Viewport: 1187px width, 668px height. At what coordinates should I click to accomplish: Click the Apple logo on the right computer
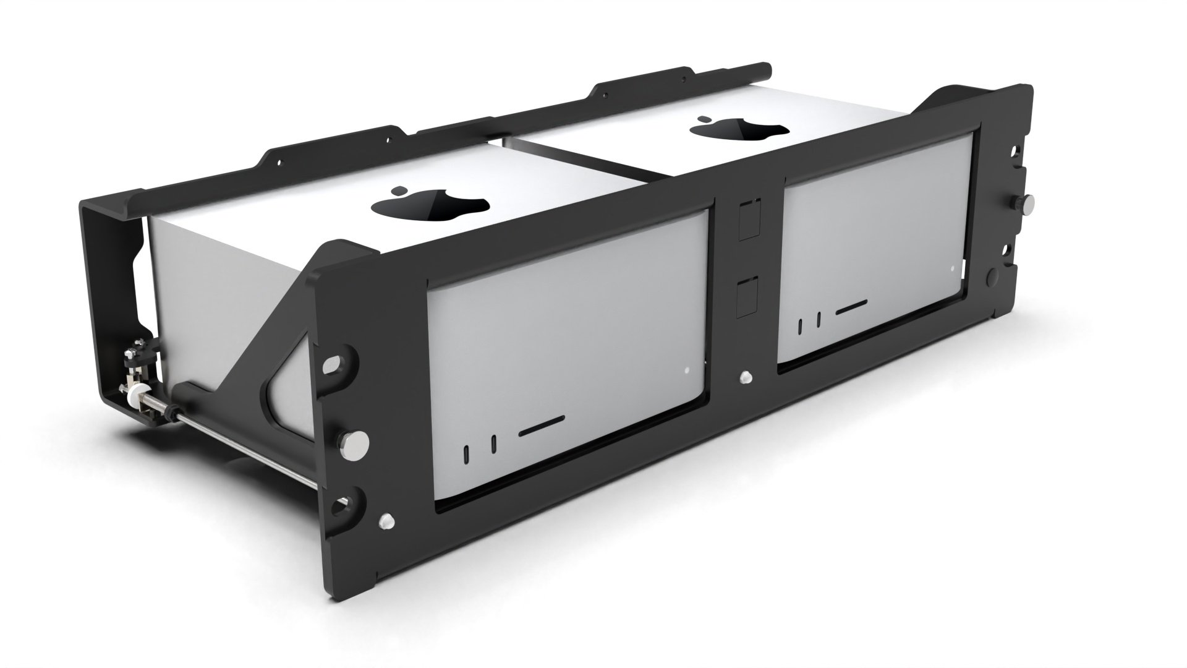coord(739,127)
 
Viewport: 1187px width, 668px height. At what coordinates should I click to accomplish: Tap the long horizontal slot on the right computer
coord(851,307)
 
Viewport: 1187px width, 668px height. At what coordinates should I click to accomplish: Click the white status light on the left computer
coord(686,372)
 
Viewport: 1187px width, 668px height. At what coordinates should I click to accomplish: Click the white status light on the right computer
coord(953,268)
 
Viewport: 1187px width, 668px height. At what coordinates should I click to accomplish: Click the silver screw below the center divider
coord(746,376)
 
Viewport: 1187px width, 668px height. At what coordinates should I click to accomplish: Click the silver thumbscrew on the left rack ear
coord(352,440)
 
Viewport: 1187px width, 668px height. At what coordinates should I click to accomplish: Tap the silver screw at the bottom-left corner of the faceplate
coord(387,520)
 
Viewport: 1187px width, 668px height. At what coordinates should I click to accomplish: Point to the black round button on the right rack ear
coord(996,276)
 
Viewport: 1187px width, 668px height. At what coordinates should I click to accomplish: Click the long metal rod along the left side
coord(247,445)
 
